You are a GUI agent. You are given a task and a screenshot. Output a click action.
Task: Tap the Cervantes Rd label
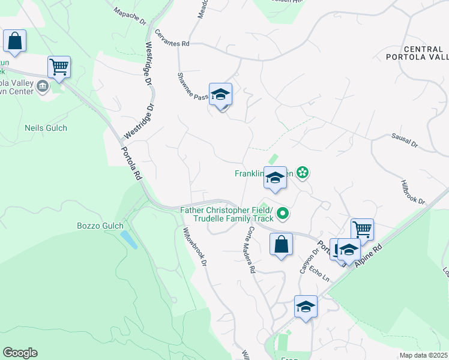coord(172,38)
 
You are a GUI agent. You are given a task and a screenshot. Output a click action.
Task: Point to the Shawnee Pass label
coord(193,86)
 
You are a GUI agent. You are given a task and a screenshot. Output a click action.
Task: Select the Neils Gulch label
coord(46,128)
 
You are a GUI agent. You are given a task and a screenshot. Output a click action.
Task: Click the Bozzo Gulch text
coord(100,226)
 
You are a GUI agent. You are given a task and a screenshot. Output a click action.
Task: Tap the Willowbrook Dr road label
coord(196,246)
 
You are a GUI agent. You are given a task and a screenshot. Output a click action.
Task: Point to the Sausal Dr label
coord(404,141)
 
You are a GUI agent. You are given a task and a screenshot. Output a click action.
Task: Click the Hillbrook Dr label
coord(412,193)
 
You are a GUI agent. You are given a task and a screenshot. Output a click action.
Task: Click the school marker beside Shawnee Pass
coord(221,95)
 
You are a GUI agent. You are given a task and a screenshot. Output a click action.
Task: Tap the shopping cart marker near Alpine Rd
coord(362,229)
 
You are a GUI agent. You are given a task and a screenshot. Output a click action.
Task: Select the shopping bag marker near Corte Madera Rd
coord(281,244)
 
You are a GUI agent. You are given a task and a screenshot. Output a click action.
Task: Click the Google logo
coord(20,353)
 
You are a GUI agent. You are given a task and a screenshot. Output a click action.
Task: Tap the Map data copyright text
coord(423,355)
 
